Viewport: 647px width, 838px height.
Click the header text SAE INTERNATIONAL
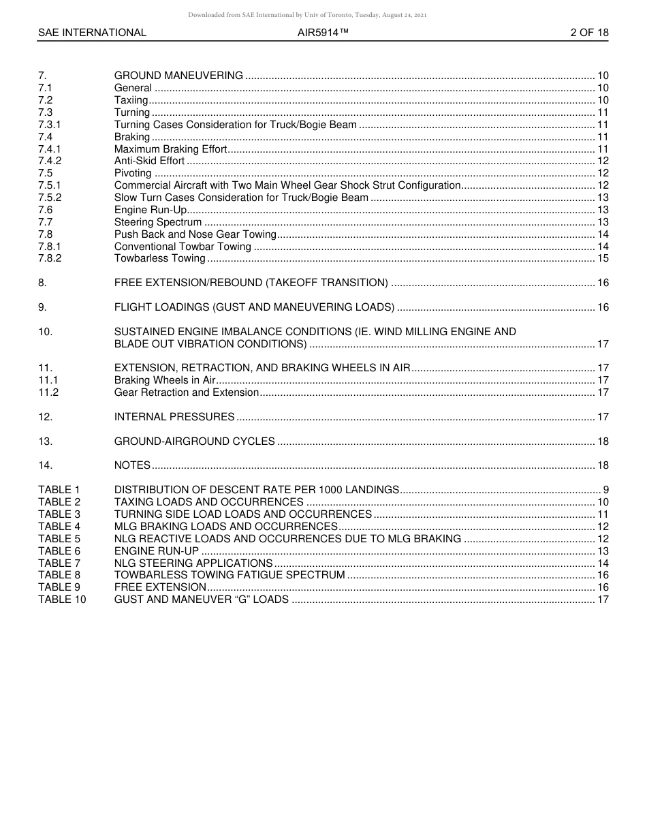[x=92, y=33]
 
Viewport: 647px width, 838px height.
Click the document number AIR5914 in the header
[x=323, y=33]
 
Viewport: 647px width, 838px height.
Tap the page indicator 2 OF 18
[x=589, y=33]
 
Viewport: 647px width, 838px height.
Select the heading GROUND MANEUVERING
[x=178, y=76]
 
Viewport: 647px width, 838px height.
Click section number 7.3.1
[x=50, y=125]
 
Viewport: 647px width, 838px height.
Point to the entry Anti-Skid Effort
[x=149, y=161]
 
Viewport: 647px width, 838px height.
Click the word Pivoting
[x=133, y=173]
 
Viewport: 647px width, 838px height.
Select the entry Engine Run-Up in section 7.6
[x=150, y=210]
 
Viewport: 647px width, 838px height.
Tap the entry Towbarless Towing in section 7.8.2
[x=159, y=258]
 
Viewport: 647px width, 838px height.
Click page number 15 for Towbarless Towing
[x=603, y=258]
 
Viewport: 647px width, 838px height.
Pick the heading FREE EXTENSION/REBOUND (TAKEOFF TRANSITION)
[x=251, y=283]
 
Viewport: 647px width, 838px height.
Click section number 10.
[x=45, y=332]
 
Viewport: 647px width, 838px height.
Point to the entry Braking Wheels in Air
[x=165, y=380]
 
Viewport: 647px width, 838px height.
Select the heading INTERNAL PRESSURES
[x=174, y=417]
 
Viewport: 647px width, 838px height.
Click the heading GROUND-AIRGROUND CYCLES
[x=195, y=441]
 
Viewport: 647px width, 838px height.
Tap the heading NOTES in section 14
[x=132, y=465]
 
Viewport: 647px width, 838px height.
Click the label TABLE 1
[x=59, y=490]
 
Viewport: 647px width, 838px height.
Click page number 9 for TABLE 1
[x=605, y=490]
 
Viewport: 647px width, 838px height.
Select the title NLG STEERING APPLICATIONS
[x=193, y=563]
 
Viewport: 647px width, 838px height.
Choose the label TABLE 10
[x=62, y=600]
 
